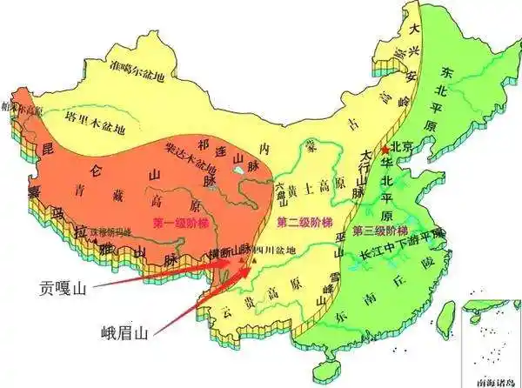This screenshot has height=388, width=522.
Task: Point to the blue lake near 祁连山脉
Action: coord(238,184)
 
